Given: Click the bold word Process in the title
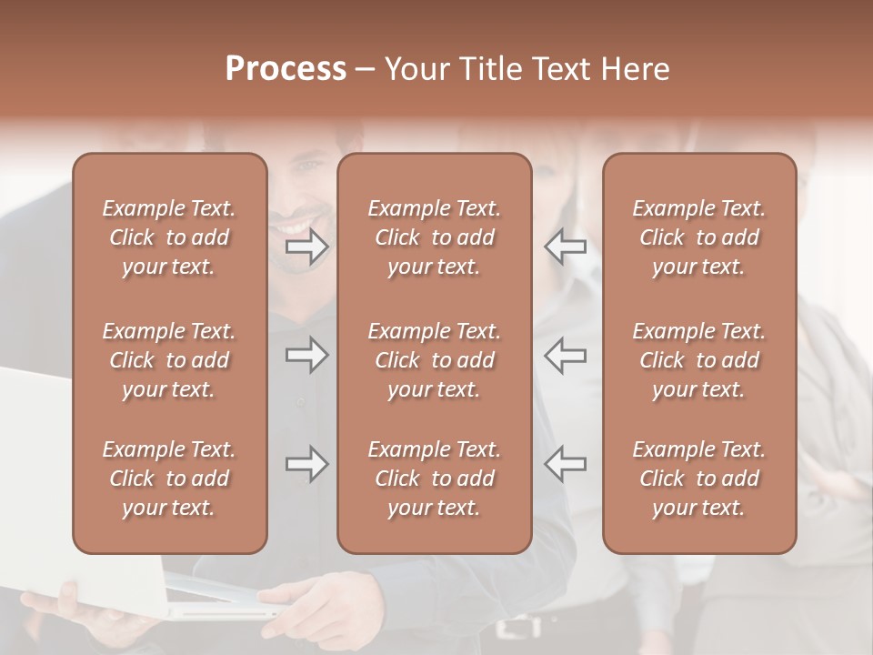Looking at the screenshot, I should (x=286, y=69).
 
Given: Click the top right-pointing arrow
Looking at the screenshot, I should (x=306, y=247).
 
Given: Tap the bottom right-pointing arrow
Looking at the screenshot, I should (x=306, y=464).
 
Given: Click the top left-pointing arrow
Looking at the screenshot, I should (x=566, y=247).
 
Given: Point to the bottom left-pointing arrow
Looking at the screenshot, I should (x=566, y=464).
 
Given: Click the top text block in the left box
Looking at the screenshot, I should (x=169, y=237).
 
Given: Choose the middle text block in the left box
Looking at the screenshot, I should (x=169, y=360).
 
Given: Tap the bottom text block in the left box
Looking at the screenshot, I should (x=169, y=479).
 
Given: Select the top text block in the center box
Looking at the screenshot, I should (x=435, y=237).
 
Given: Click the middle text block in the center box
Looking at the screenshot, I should (x=435, y=360).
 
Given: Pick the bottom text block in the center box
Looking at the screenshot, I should (x=435, y=479).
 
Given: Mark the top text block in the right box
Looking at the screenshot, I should (x=699, y=237).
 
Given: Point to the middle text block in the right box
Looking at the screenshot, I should (x=699, y=360).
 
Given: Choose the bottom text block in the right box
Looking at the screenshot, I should (x=699, y=479).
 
